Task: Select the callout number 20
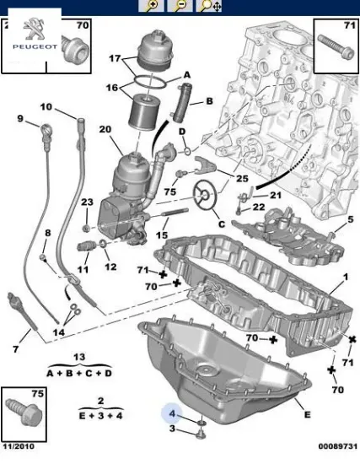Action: point(105,129)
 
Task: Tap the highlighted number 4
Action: point(172,414)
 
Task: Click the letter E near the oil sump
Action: point(307,415)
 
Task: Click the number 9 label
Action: point(20,119)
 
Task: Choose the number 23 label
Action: point(87,202)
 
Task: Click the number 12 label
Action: point(110,267)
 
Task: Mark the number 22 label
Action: point(259,207)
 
